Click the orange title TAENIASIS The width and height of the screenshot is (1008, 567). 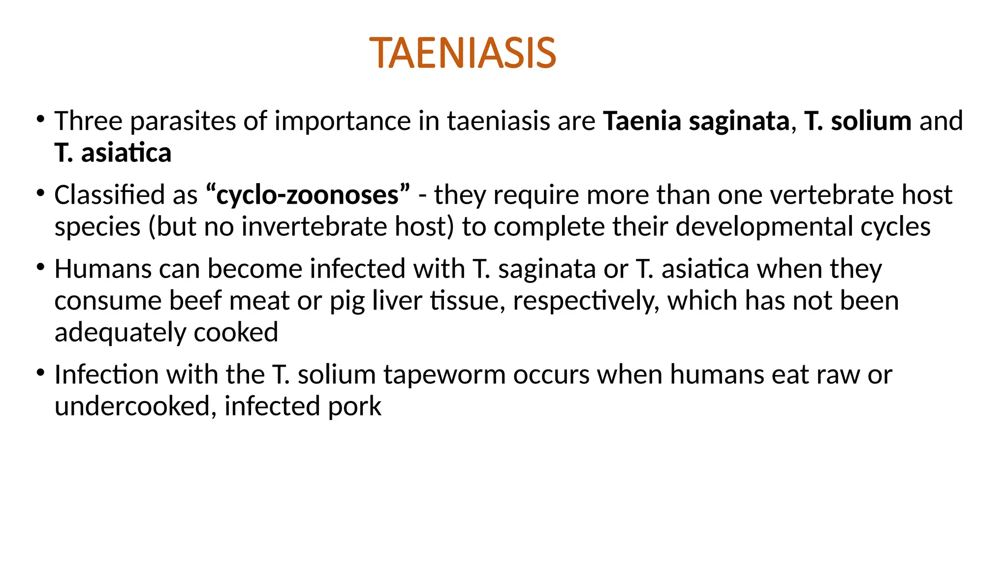(x=463, y=53)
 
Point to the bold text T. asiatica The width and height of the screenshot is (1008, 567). (x=113, y=153)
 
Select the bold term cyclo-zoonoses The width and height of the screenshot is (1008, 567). (x=308, y=195)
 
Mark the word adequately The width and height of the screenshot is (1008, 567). (x=120, y=333)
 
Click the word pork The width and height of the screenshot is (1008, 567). (x=354, y=407)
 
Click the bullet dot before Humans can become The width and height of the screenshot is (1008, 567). (x=41, y=267)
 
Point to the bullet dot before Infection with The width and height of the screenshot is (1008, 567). (x=41, y=373)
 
